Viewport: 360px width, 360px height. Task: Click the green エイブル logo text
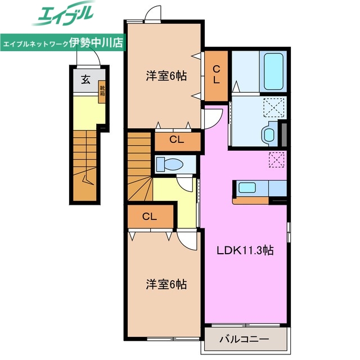[x=64, y=16]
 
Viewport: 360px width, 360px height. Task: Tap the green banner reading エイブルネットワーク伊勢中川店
[x=64, y=43]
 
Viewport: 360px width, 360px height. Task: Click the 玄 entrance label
[x=85, y=80]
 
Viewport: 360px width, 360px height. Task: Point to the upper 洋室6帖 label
[x=164, y=76]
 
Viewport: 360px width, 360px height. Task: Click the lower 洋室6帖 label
[x=164, y=284]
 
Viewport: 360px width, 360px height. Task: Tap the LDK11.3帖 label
[x=246, y=251]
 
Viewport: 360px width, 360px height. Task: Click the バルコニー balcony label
[x=244, y=339]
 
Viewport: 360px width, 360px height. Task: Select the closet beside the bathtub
[x=216, y=74]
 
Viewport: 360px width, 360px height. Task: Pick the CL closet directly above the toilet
[x=176, y=141]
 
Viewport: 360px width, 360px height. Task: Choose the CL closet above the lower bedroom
[x=149, y=215]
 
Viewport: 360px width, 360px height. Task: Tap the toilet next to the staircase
[x=170, y=164]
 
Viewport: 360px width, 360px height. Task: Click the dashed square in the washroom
[x=274, y=106]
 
